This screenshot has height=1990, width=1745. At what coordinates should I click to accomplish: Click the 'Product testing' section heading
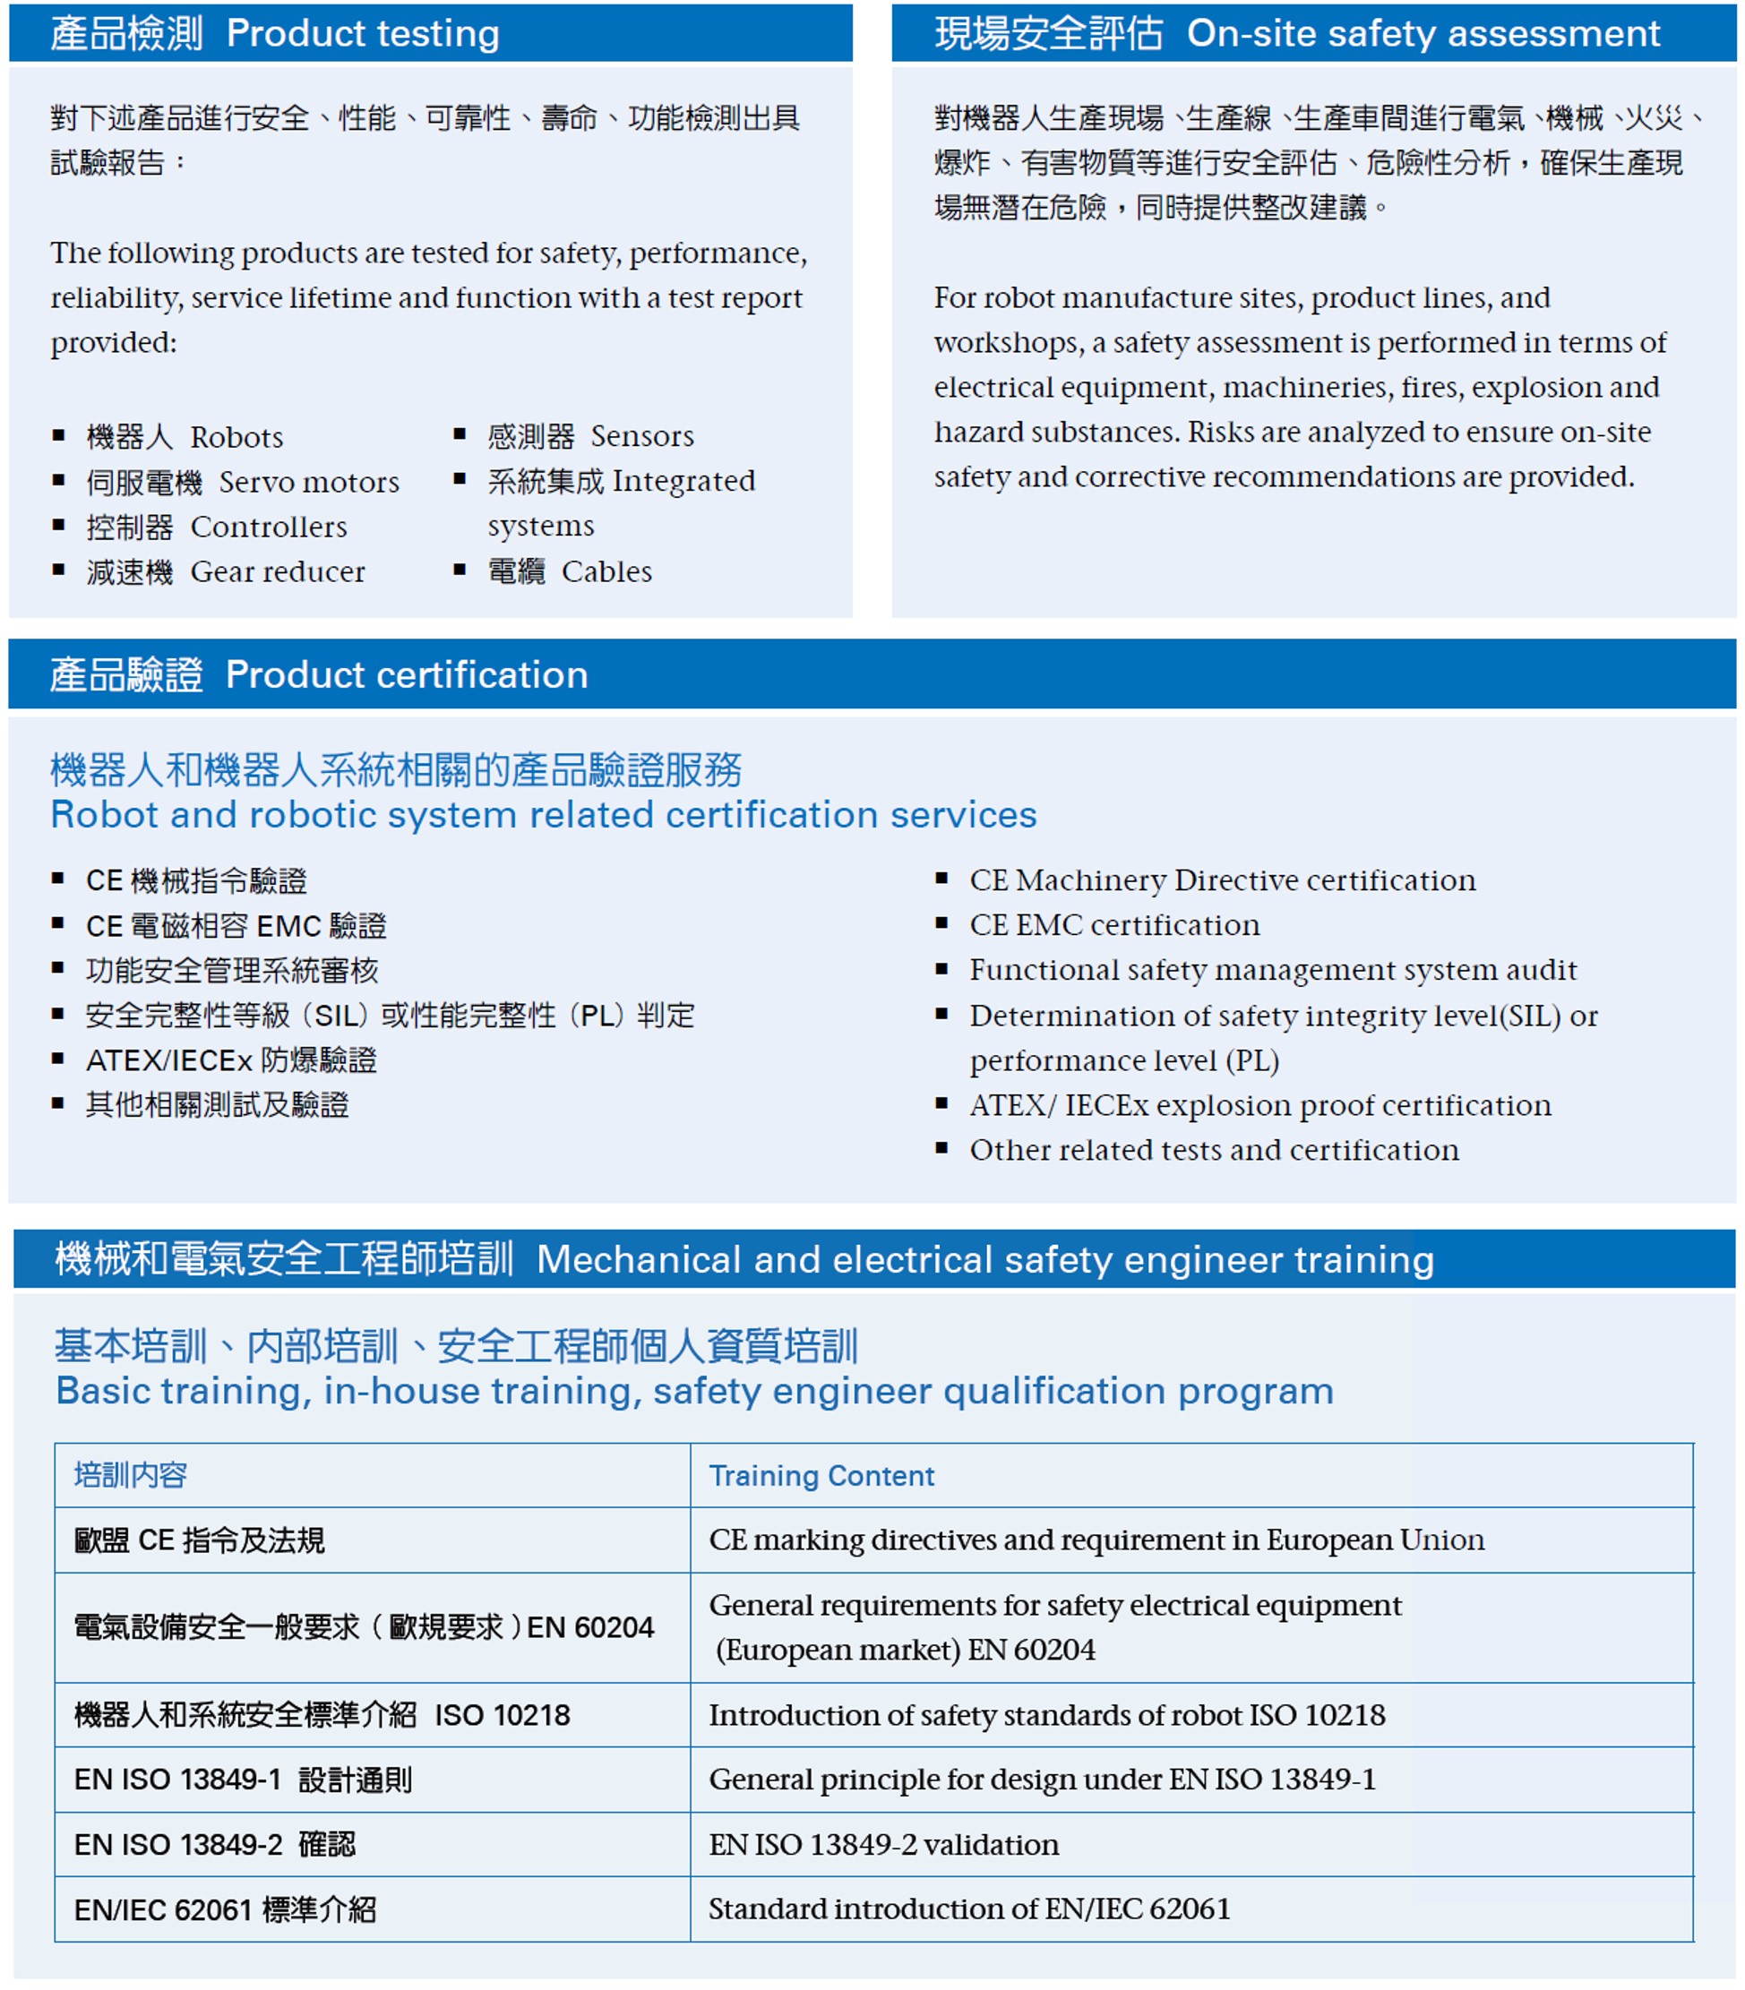(x=275, y=34)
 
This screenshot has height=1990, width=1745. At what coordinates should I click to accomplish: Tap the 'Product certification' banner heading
(x=320, y=674)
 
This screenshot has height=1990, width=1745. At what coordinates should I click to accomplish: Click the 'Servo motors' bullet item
(x=243, y=482)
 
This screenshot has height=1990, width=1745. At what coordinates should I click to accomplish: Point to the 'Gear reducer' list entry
(x=226, y=571)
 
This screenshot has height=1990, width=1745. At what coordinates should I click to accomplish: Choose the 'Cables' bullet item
(x=570, y=571)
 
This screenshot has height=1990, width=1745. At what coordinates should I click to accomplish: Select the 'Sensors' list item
(x=590, y=436)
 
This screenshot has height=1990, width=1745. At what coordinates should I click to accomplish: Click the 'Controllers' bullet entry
(x=216, y=527)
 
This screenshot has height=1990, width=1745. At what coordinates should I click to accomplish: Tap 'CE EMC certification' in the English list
(x=1114, y=925)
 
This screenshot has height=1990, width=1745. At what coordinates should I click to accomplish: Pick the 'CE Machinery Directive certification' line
(x=1222, y=880)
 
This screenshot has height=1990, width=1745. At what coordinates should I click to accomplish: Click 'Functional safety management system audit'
(x=1273, y=970)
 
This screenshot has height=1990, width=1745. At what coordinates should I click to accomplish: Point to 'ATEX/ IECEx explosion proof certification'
(x=1260, y=1105)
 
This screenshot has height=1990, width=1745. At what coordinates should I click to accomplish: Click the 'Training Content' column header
(x=821, y=1476)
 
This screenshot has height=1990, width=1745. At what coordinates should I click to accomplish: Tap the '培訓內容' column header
(x=131, y=1476)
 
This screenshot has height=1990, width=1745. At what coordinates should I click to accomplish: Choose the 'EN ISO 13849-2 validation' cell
(x=883, y=1844)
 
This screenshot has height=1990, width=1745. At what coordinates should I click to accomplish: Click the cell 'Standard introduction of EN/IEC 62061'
(x=969, y=1909)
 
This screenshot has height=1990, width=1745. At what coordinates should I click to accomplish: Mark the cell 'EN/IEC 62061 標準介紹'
(x=225, y=1910)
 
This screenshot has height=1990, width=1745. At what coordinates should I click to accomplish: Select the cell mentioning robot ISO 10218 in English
(x=1047, y=1714)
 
